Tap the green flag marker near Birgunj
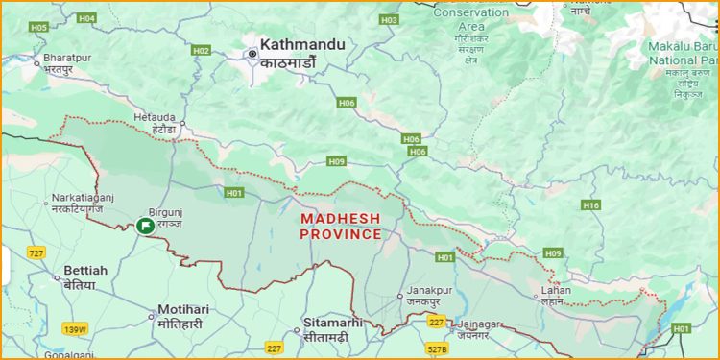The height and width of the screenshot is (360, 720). (x=145, y=226)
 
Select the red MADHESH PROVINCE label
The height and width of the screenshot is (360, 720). (x=341, y=227)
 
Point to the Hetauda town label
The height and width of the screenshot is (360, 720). (x=154, y=117)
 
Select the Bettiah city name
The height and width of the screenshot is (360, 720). (x=85, y=271)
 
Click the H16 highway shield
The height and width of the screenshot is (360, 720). (x=591, y=205)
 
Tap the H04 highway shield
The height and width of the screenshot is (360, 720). (x=86, y=18)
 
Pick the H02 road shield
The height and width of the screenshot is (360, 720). (x=201, y=50)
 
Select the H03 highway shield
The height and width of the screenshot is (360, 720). (x=389, y=19)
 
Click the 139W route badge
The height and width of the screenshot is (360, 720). (x=75, y=329)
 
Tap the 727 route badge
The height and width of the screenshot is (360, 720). (x=36, y=252)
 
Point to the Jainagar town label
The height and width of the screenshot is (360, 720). (x=480, y=324)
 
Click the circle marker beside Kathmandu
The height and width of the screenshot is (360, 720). (x=252, y=54)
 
